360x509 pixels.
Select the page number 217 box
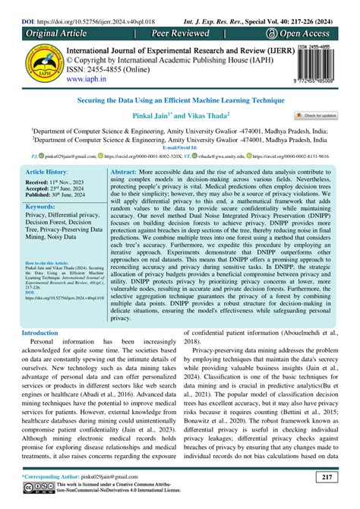click(327, 477)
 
